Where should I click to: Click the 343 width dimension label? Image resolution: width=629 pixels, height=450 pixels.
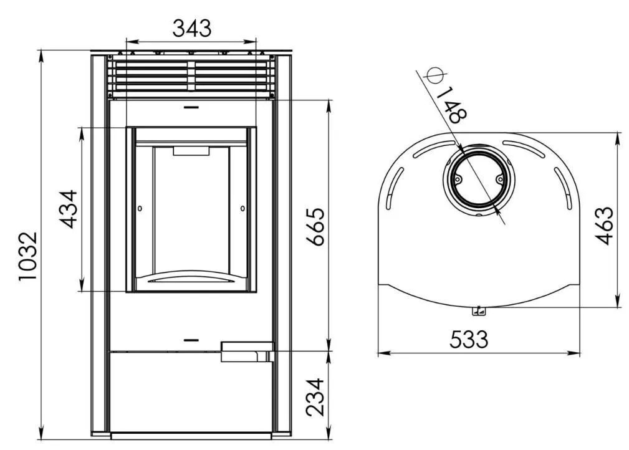(192, 28)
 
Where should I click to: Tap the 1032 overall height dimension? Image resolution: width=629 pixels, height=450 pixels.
(29, 256)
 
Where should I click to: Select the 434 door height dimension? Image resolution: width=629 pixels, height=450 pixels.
(68, 209)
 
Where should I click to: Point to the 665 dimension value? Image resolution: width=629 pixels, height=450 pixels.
(315, 227)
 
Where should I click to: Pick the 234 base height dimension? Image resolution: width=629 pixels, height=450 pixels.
(315, 396)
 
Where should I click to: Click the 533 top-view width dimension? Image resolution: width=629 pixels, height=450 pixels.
(469, 339)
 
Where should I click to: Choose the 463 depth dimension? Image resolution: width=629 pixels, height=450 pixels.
(604, 226)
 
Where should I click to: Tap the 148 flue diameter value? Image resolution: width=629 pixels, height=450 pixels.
(452, 105)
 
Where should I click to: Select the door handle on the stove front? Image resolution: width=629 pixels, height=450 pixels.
(247, 352)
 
